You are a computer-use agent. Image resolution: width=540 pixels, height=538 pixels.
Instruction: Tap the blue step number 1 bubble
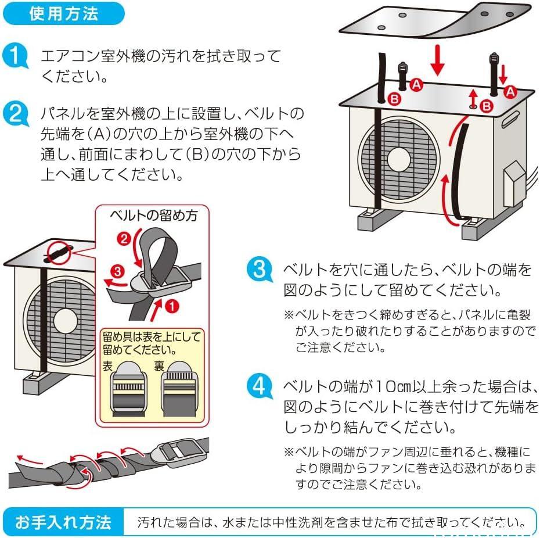(x=16, y=57)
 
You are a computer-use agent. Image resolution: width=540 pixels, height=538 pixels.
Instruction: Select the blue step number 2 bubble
(x=16, y=113)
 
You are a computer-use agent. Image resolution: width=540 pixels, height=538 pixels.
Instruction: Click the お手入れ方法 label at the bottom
(x=63, y=522)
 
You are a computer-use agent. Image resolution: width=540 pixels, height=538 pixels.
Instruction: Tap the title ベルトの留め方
(x=153, y=216)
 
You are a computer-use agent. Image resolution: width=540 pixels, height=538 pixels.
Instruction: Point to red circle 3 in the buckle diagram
(x=117, y=270)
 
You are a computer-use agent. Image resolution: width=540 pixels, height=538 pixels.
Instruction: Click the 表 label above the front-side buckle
(x=108, y=366)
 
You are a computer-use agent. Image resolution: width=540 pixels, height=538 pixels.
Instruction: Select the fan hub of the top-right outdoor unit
(x=399, y=157)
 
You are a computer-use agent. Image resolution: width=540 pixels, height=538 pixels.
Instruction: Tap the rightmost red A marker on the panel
(x=510, y=91)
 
